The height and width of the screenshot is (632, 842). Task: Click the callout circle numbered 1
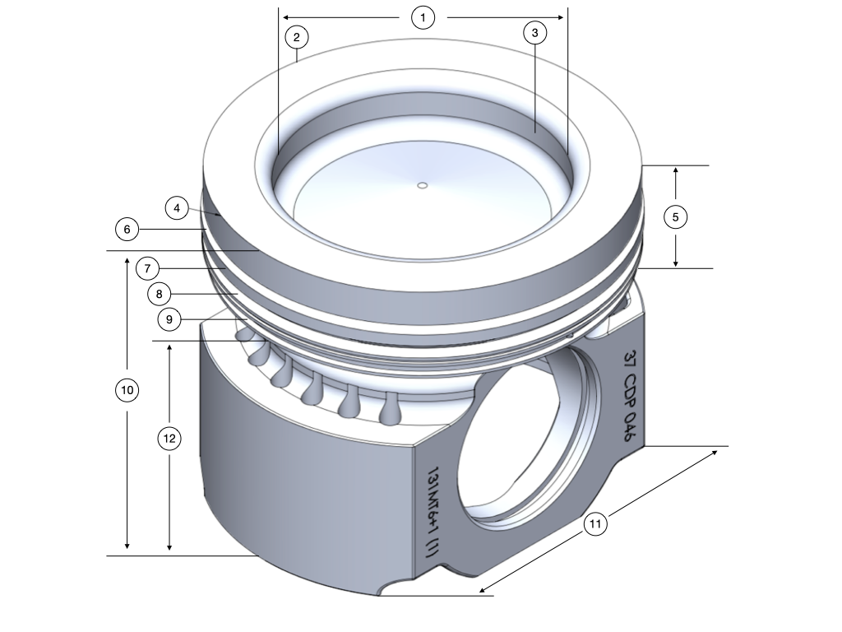[x=423, y=17]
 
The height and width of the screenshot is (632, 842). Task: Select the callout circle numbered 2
[x=296, y=36]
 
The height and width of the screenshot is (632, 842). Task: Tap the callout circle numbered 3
[x=534, y=33]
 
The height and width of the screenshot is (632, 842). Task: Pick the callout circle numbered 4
[x=177, y=207]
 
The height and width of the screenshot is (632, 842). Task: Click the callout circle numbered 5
[x=675, y=217]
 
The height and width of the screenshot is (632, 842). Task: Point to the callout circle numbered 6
[x=127, y=229]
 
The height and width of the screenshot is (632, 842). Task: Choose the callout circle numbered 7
[x=146, y=268]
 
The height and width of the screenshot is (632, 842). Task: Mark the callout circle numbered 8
[x=160, y=293]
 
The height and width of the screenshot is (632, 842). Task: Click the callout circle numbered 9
[x=169, y=319]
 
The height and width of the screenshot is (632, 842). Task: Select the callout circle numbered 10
[x=127, y=391]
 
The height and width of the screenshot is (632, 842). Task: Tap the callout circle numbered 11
[x=595, y=523]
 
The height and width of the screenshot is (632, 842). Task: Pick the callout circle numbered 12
[x=169, y=439]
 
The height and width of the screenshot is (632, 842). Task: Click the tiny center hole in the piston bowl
[x=422, y=186]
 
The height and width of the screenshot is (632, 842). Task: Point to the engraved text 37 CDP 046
[x=630, y=396]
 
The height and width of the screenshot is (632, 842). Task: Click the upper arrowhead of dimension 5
[x=675, y=170]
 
